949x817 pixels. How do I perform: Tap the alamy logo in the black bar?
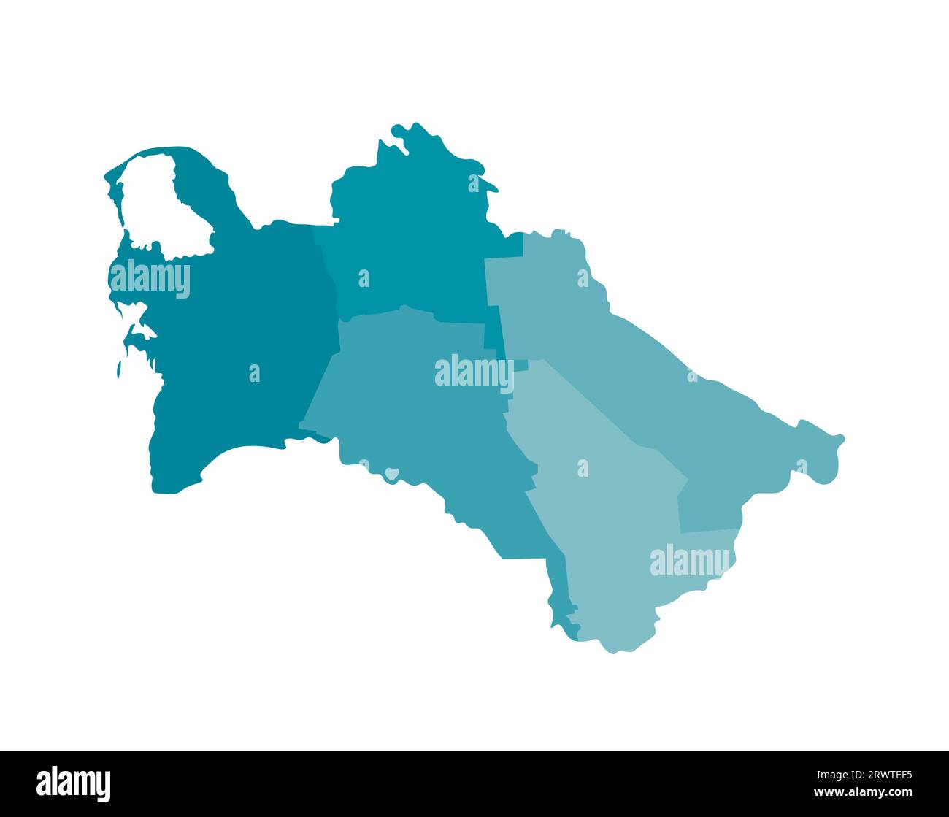coord(74,783)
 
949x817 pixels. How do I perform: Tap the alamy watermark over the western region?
coord(150,279)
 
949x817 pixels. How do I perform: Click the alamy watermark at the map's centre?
coord(474,372)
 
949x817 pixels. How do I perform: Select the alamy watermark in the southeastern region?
coord(690,561)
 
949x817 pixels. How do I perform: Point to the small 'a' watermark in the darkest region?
coord(254,373)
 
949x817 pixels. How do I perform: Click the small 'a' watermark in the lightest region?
coord(583,468)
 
